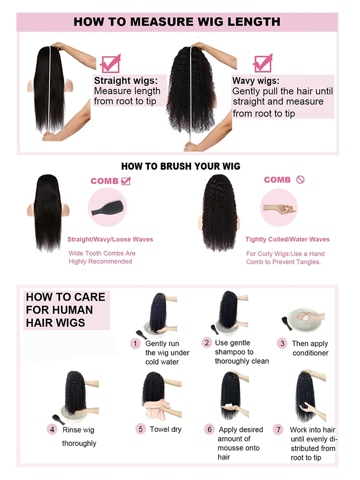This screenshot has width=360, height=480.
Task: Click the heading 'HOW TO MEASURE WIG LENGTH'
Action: [177, 22]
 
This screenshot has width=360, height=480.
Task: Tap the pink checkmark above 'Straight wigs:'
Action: [110, 63]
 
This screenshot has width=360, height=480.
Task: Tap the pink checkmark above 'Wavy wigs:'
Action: [263, 63]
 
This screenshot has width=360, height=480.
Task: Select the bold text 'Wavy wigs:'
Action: [255, 80]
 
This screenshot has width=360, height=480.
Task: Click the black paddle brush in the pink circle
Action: [107, 207]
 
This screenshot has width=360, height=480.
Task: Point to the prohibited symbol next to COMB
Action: [300, 180]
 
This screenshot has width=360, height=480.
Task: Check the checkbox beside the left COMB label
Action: [126, 181]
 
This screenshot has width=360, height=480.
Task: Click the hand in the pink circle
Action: [278, 209]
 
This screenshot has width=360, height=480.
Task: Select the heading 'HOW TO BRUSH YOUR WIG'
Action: [180, 166]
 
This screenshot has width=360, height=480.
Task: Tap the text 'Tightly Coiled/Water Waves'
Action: [287, 239]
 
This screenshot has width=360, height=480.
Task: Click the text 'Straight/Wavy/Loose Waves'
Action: [110, 239]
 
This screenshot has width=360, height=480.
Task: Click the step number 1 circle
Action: [136, 343]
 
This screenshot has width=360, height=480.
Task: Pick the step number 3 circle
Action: [282, 343]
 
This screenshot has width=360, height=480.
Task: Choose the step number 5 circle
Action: [141, 429]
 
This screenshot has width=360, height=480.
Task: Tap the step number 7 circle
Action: [278, 430]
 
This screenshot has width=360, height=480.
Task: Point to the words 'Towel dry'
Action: [166, 429]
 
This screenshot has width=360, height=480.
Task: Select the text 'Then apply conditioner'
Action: [310, 348]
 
